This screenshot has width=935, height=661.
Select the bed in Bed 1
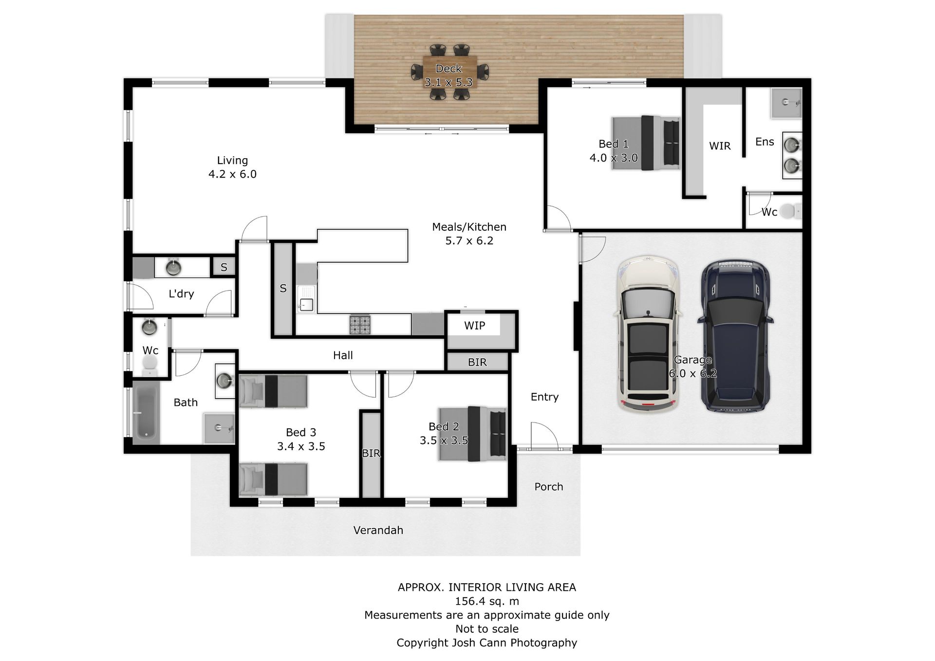click(646, 143)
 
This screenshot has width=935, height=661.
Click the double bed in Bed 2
click(472, 434)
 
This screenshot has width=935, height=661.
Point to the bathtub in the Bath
click(146, 413)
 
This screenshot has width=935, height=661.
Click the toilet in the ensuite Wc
click(790, 211)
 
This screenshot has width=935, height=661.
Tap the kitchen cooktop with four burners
click(360, 325)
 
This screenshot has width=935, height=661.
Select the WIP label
click(474, 326)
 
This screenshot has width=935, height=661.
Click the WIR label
click(720, 146)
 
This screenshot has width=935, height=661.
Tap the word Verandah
click(378, 530)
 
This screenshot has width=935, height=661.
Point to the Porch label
click(548, 487)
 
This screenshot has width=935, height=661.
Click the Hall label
click(343, 355)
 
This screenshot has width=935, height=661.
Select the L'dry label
click(181, 294)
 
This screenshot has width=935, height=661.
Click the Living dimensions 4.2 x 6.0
click(232, 174)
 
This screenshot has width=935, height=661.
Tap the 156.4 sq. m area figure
click(487, 601)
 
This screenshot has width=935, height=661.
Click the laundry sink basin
click(173, 267)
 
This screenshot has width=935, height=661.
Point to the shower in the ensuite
click(786, 103)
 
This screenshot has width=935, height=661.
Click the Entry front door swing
click(544, 435)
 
